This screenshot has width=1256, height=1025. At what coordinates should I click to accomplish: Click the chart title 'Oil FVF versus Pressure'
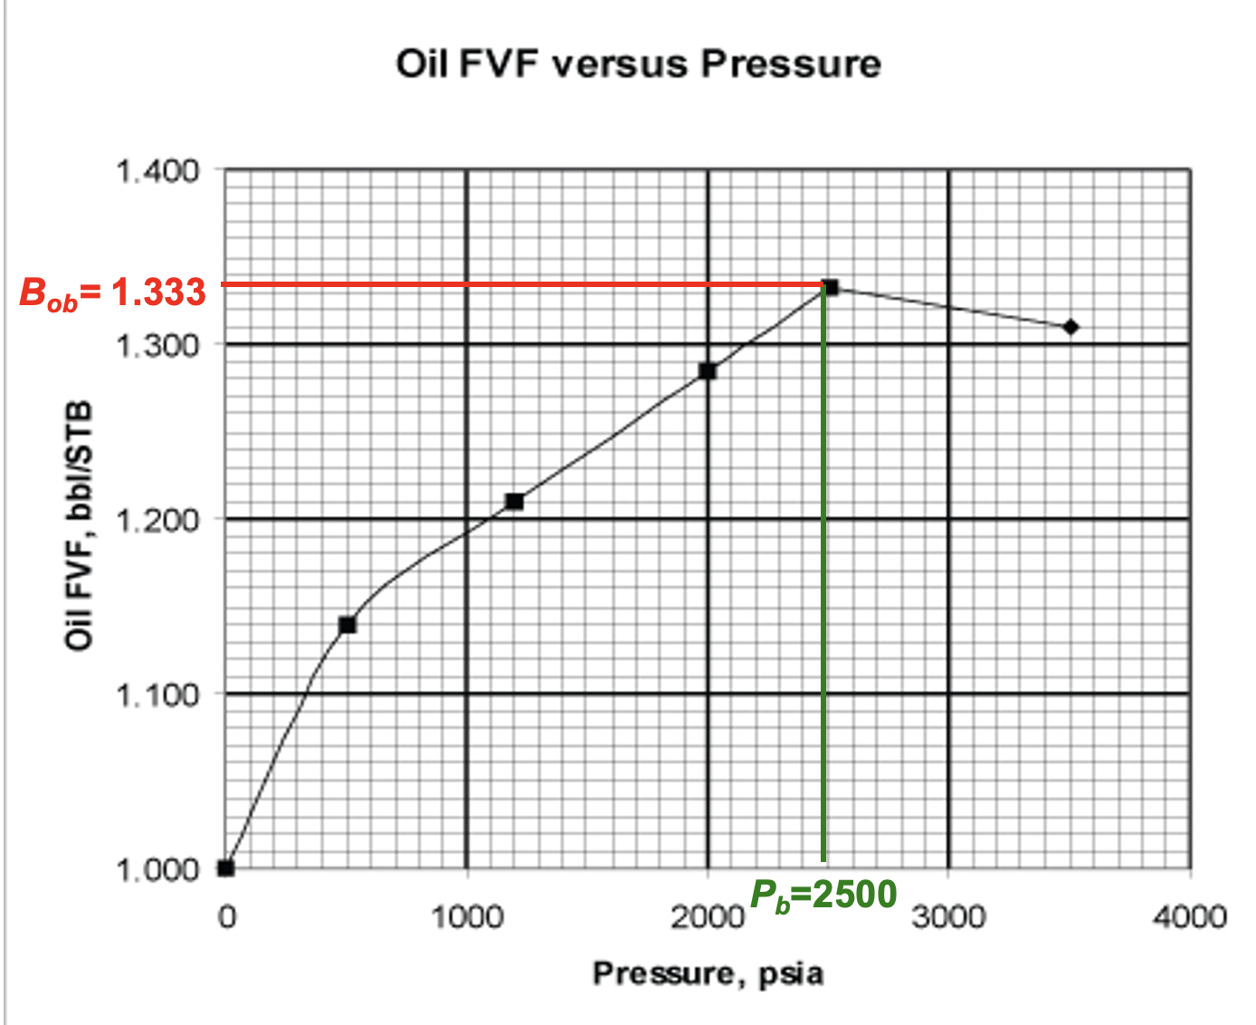click(638, 64)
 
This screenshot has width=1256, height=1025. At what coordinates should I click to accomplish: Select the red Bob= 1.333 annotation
click(113, 293)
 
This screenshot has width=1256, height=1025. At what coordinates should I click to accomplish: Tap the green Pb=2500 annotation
click(823, 895)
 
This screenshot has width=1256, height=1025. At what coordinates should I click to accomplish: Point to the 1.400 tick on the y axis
click(157, 170)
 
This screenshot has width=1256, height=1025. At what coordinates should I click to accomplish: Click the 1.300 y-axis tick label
click(157, 345)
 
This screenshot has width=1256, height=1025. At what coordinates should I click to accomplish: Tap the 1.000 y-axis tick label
click(157, 869)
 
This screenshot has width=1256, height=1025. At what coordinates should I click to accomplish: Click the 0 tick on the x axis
click(226, 916)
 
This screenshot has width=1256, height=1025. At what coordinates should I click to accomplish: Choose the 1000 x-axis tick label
click(466, 916)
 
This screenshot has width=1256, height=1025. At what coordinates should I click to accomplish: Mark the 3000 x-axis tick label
click(948, 916)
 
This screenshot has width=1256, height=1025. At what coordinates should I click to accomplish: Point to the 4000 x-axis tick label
click(1189, 916)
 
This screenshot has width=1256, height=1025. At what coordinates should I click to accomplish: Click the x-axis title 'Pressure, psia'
click(708, 973)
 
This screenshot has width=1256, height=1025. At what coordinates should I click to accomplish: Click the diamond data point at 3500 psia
click(1070, 327)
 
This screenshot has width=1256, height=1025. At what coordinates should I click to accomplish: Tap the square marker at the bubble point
click(830, 288)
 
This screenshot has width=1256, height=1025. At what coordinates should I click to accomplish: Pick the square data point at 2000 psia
click(708, 371)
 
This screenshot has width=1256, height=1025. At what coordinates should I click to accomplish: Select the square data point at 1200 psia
click(515, 502)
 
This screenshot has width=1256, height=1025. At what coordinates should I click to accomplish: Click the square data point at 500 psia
click(347, 625)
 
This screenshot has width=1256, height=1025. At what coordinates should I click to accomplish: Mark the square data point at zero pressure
click(226, 868)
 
